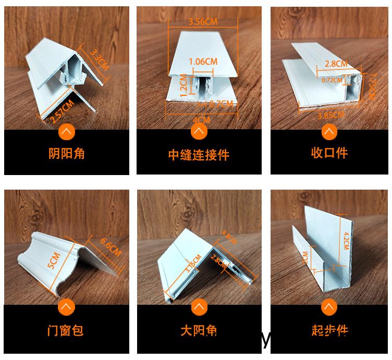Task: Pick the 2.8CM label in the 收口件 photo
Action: point(336,64)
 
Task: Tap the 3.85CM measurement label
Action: point(330,115)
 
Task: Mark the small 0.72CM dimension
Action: point(332,80)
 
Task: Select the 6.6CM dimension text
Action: point(109,246)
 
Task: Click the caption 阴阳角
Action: point(66,154)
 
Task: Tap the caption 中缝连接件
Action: point(199,155)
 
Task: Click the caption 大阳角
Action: point(199,330)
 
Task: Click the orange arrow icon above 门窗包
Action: point(66,307)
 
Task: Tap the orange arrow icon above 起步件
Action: point(329,307)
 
